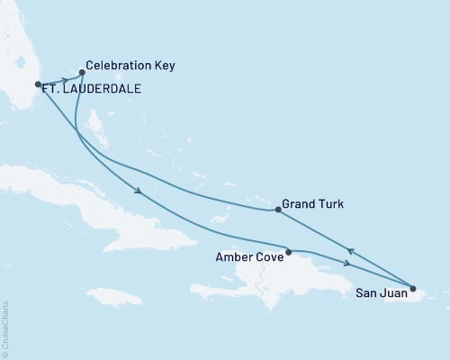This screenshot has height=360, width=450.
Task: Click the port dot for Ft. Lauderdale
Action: click(x=38, y=85)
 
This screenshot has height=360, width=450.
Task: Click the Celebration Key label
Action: click(x=130, y=67)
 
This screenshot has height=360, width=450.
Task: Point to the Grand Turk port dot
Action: click(x=278, y=211)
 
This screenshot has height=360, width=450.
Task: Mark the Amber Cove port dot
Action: click(x=288, y=252)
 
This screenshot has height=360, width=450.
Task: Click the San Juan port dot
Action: click(x=413, y=289)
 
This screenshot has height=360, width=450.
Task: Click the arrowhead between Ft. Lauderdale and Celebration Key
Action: click(x=66, y=79)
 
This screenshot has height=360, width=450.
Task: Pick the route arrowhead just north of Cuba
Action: click(x=138, y=191)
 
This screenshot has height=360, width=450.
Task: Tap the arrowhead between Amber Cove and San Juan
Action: click(x=347, y=263)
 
